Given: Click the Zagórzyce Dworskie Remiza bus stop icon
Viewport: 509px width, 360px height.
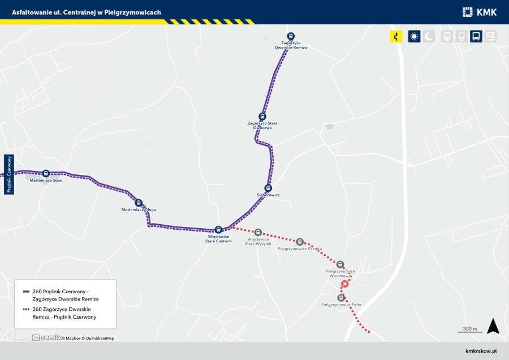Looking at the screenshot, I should click(291, 36).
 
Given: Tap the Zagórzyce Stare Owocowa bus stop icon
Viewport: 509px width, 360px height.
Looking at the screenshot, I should click(262, 116).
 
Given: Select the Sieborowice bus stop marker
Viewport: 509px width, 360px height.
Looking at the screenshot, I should click(268, 188).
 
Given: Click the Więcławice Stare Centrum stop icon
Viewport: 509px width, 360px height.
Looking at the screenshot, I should click(218, 229).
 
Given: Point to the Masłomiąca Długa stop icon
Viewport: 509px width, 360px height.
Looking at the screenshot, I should click(139, 203).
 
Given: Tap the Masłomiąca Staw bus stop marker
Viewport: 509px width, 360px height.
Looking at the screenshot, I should click(46, 173).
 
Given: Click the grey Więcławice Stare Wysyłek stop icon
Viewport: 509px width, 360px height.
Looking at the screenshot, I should click(258, 232).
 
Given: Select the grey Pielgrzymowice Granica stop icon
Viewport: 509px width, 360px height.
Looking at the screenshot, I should click(300, 242).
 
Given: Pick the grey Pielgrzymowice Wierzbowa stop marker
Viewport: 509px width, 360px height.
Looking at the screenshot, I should click(340, 264).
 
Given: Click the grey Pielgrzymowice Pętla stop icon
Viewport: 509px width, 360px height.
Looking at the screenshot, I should click(341, 298).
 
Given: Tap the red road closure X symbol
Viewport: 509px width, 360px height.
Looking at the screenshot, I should click(344, 284).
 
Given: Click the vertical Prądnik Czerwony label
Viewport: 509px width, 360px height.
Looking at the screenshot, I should click(8, 174).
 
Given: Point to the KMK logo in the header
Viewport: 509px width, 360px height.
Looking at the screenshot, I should click(479, 12).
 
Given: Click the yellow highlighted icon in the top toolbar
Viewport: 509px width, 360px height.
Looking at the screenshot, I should click(396, 37).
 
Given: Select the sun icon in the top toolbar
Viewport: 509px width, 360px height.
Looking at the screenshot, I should click(414, 37).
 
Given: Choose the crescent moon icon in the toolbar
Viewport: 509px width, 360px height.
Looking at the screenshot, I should click(429, 37).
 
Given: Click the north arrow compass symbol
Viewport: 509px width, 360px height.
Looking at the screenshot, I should click(493, 326).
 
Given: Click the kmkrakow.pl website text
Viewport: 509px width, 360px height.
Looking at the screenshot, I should click(480, 351).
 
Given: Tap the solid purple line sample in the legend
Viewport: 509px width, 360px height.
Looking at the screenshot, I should click(26, 292).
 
